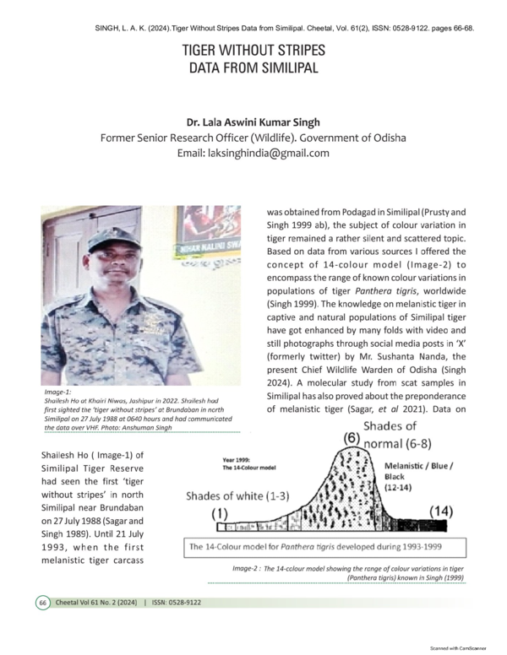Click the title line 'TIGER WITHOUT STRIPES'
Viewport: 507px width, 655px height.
(253, 51)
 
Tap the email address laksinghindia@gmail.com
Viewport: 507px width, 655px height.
(253, 153)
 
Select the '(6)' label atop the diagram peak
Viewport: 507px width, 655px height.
(355, 439)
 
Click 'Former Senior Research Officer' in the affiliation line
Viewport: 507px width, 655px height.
(177, 138)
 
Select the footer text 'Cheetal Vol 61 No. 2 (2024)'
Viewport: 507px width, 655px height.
(98, 603)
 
